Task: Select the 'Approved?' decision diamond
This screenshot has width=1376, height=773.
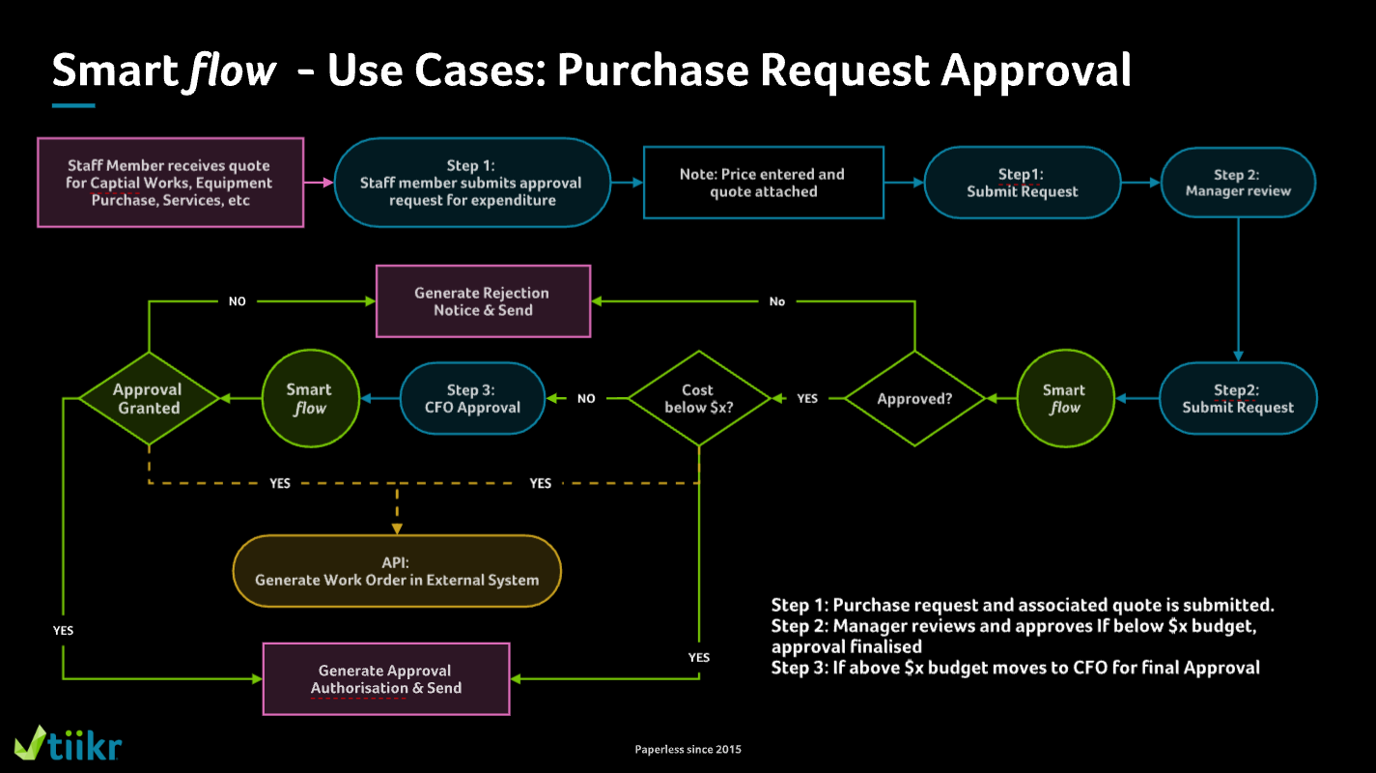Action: [914, 398]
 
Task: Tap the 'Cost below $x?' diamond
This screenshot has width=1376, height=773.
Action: [698, 398]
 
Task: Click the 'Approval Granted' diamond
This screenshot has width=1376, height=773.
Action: [148, 398]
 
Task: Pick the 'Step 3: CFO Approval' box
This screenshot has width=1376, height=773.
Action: [472, 398]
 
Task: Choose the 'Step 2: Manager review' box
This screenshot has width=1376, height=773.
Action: [1237, 183]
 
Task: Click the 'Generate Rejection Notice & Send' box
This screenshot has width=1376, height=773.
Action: [482, 301]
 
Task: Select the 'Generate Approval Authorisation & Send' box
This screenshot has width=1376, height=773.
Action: [385, 679]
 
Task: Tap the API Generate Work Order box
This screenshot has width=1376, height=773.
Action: [397, 571]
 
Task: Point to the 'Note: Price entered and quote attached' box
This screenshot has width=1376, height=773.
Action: [763, 183]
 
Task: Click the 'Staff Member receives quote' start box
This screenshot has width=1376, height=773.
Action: [170, 183]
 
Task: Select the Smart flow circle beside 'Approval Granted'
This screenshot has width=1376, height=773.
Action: [308, 398]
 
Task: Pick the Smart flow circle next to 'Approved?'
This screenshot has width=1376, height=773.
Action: [1063, 398]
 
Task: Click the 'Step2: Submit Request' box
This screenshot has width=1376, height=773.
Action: [1237, 398]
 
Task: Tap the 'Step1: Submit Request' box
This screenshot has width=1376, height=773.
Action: [1023, 183]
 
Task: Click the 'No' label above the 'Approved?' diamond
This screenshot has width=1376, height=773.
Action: [777, 301]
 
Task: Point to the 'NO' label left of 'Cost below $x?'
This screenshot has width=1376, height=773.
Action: [586, 398]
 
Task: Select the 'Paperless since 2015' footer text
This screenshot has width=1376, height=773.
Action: [688, 749]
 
